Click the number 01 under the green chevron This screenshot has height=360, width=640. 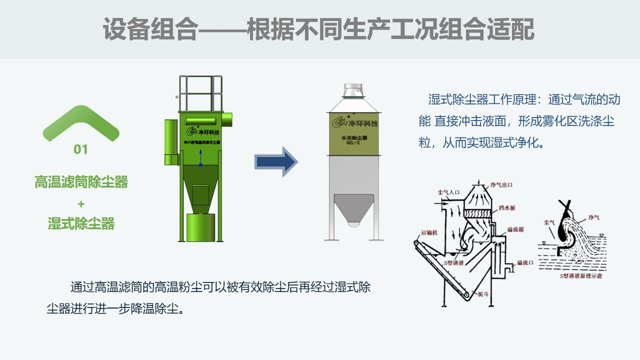pyautogui.click(x=80, y=149)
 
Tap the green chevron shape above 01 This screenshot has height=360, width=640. pyautogui.click(x=81, y=121)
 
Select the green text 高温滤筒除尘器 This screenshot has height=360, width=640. pyautogui.click(x=81, y=182)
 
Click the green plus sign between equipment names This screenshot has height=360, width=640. pyautogui.click(x=81, y=204)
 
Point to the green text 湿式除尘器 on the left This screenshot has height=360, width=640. pyautogui.click(x=81, y=223)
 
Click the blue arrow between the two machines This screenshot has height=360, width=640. pyautogui.click(x=276, y=161)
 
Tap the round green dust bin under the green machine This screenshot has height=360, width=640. pyautogui.click(x=200, y=227)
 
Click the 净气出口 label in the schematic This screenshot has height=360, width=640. pyautogui.click(x=502, y=185)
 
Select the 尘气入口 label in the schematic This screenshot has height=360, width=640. pyautogui.click(x=448, y=191)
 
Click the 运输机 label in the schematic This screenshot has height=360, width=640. pyautogui.click(x=429, y=232)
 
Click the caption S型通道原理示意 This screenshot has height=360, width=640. pyautogui.click(x=580, y=275)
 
